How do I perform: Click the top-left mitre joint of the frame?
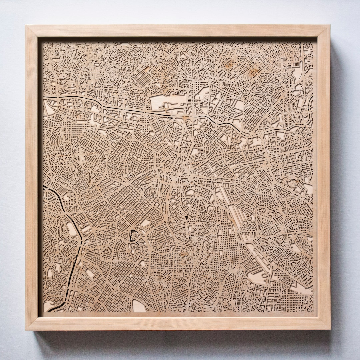coord(32,31)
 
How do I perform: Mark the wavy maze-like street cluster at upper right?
coord(277,80)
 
